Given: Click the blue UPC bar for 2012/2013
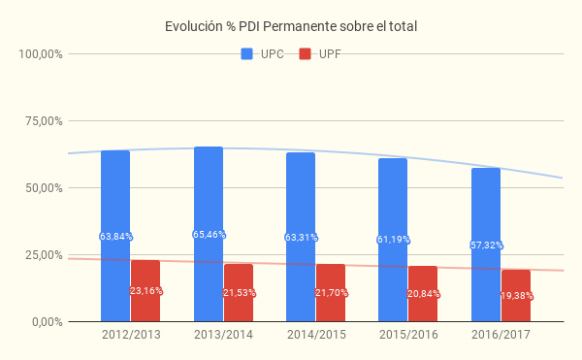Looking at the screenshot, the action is [x=115, y=236].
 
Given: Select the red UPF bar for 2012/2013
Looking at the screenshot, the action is [x=145, y=290].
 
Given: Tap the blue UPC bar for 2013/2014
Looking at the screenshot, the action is [x=209, y=234].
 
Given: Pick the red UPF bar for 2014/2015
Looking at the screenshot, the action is [x=331, y=292].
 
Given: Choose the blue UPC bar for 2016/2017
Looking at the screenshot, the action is [x=486, y=245].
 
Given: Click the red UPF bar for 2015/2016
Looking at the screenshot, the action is [x=423, y=294].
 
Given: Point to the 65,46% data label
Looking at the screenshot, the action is [x=209, y=235].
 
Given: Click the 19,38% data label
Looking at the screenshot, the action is [x=517, y=296].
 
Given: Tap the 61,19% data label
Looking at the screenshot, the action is [x=394, y=240].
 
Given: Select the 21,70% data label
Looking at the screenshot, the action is [x=331, y=293].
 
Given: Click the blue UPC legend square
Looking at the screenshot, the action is [x=246, y=53].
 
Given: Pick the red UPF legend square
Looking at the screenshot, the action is [x=305, y=53].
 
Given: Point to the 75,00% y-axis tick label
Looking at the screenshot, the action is [x=44, y=121].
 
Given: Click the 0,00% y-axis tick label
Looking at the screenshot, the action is [x=48, y=322].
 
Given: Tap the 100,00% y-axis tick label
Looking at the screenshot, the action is [x=41, y=54].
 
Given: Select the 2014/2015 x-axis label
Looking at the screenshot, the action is [x=316, y=335].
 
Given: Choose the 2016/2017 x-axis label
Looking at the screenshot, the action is [x=501, y=335].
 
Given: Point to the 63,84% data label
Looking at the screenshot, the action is [x=115, y=237].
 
